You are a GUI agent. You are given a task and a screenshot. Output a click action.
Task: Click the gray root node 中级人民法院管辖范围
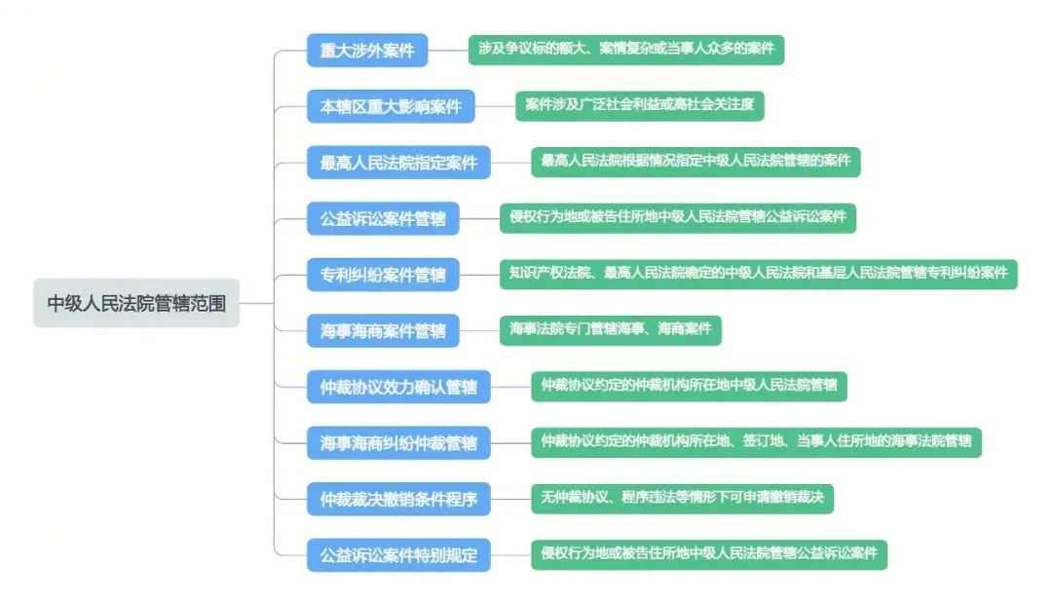(136, 303)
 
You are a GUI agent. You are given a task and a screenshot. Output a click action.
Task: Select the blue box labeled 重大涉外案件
(367, 51)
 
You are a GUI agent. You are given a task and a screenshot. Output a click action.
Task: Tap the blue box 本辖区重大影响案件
(391, 106)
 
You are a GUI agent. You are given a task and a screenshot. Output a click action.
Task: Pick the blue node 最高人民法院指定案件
(398, 163)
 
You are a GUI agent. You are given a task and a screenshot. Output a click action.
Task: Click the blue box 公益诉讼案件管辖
(383, 218)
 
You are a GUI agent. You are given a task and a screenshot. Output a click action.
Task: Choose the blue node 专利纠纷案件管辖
(383, 275)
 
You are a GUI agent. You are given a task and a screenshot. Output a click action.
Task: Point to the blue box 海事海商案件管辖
(383, 330)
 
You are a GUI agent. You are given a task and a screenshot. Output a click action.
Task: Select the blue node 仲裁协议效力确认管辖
(398, 387)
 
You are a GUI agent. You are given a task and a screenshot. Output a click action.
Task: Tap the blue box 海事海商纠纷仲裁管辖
(398, 442)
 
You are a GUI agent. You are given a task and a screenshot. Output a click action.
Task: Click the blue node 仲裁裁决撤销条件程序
(398, 499)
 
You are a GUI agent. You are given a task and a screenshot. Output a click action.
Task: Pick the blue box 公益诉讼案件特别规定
(398, 555)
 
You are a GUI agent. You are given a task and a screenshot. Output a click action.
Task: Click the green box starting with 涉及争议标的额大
(626, 50)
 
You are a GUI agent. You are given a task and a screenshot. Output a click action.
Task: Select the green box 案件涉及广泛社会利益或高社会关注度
(639, 106)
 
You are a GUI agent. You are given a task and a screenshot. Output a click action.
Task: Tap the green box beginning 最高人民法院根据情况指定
(695, 162)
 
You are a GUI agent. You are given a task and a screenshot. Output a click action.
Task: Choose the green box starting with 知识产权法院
(758, 275)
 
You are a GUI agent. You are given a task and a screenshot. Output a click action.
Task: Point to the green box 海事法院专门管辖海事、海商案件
(611, 330)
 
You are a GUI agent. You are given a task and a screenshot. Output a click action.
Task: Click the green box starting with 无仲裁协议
(682, 499)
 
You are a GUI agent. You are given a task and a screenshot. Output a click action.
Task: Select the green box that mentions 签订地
(756, 442)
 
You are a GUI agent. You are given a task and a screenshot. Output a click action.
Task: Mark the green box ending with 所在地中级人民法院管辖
(689, 387)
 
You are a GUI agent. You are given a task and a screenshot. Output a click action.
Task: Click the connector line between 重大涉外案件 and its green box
(448, 51)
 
